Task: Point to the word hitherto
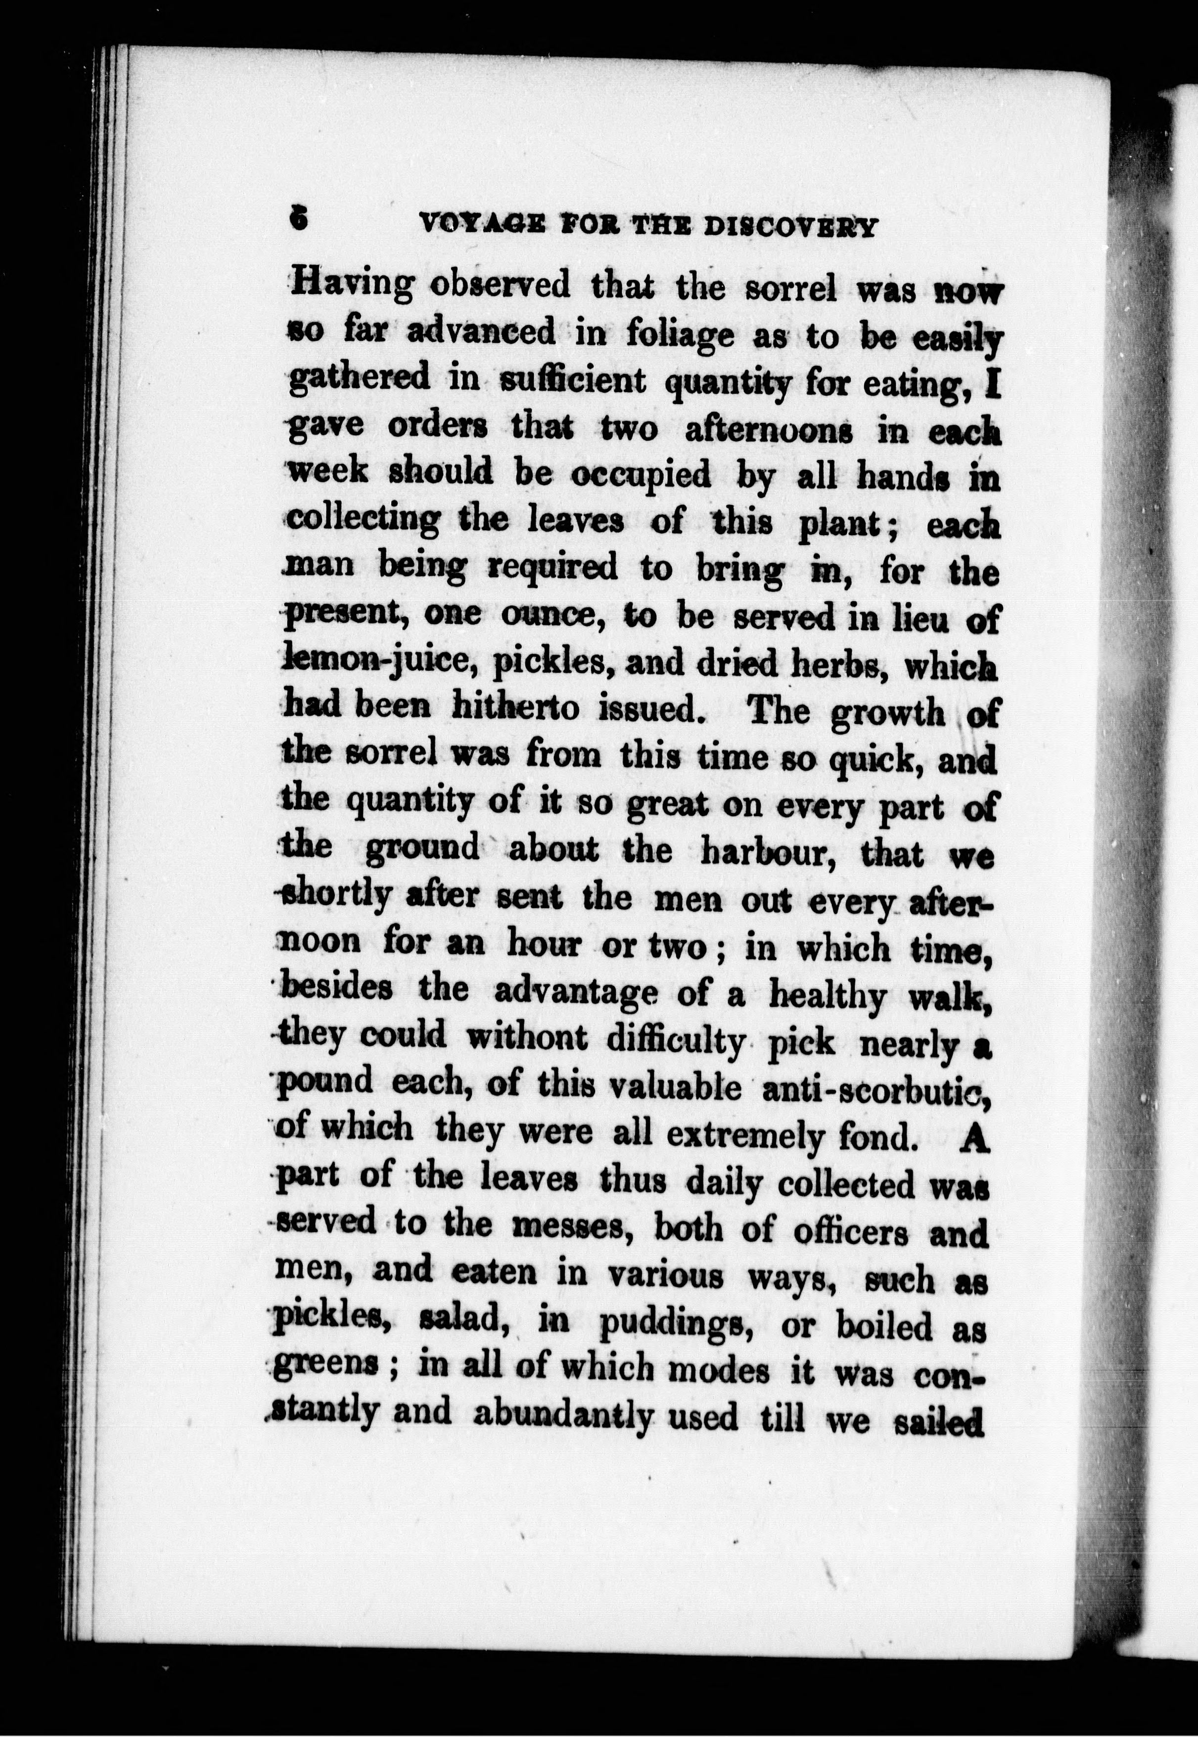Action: pyautogui.click(x=516, y=708)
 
